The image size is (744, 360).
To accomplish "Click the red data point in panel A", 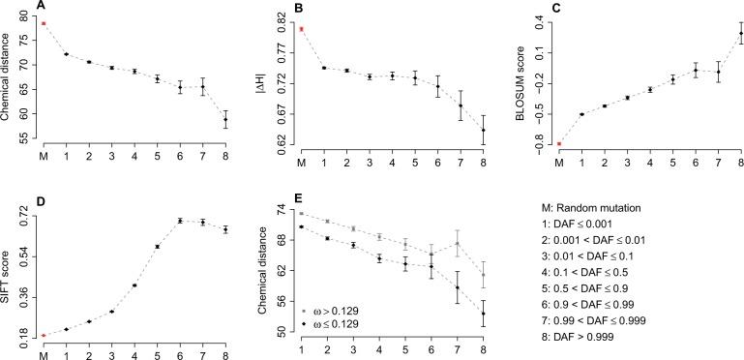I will click(44, 23).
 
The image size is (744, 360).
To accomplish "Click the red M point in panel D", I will click(44, 336).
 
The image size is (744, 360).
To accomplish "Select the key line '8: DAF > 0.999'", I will click(584, 335).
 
